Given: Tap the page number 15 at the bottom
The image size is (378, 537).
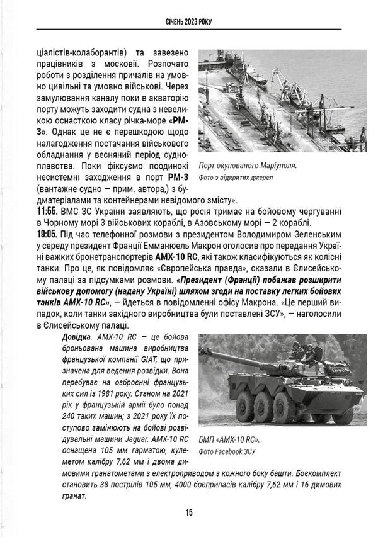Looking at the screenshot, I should (x=189, y=512).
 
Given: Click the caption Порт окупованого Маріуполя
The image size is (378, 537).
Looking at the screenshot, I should (x=247, y=166).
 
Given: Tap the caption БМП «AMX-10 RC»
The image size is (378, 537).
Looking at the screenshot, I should (x=228, y=439).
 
